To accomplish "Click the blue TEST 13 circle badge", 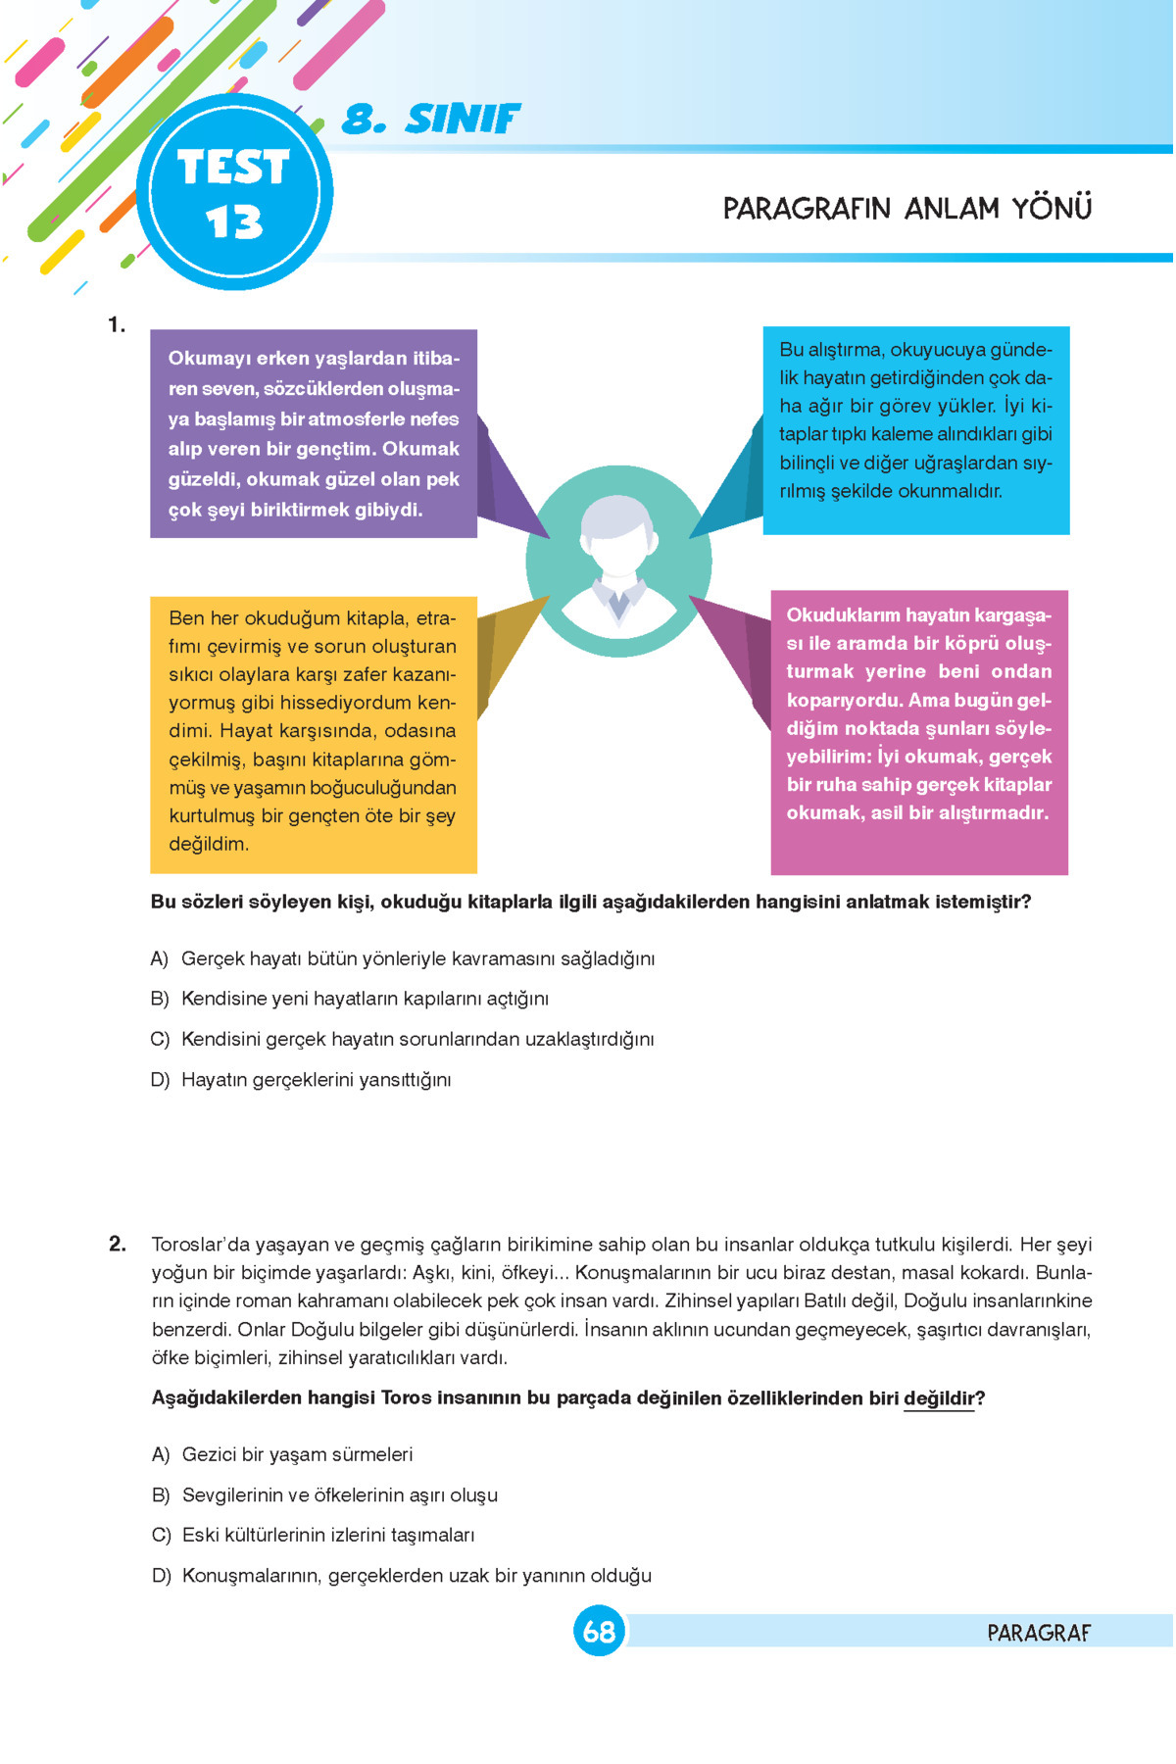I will (234, 192).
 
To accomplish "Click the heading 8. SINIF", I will (431, 120).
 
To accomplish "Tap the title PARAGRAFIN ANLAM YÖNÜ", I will (906, 209).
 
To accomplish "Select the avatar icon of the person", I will (618, 562).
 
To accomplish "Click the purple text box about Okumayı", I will (314, 433).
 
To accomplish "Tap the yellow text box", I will (313, 733).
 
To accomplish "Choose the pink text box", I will (918, 731).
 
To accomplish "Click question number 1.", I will (118, 325).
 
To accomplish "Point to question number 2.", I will (118, 1245).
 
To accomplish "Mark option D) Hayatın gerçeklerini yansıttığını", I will (301, 1080).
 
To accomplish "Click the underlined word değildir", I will (938, 1398).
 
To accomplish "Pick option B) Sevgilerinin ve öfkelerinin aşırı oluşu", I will (324, 1495).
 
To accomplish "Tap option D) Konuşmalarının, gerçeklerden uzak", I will (402, 1576).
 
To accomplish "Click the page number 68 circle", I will (599, 1632).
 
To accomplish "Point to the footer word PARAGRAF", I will (1038, 1633).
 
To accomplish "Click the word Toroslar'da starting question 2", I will (201, 1245).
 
